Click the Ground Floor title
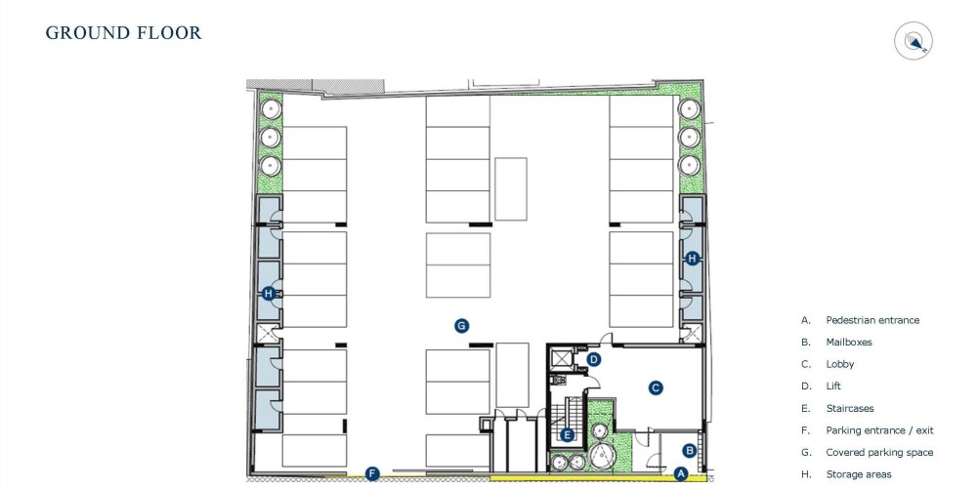[x=123, y=32]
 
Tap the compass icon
[x=913, y=41]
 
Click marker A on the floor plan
[x=680, y=473]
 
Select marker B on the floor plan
[x=689, y=450]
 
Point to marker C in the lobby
[x=655, y=388]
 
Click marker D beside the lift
[x=594, y=359]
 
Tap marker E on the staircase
[x=567, y=435]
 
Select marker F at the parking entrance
[x=372, y=473]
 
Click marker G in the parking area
[x=461, y=326]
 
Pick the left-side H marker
[x=269, y=293]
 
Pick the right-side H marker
[x=692, y=259]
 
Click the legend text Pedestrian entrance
[x=872, y=320]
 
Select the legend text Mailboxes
[x=849, y=342]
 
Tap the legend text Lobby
[x=840, y=364]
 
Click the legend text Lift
[x=833, y=386]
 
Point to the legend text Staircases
[x=850, y=408]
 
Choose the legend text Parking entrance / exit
[x=880, y=430]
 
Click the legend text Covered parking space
[x=880, y=453]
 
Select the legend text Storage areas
[x=859, y=474]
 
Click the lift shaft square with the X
[x=562, y=359]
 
